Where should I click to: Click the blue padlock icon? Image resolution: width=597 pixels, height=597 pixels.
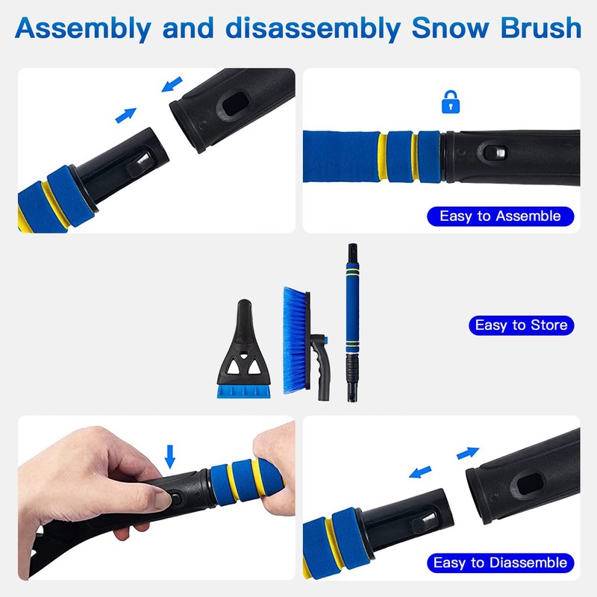(451, 102)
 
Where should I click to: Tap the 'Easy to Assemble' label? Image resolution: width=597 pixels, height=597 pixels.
(500, 216)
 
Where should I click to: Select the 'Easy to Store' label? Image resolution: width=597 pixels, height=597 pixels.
(521, 325)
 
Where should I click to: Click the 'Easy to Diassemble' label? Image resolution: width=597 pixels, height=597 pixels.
(500, 563)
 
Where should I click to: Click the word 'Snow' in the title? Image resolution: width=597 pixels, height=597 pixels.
(451, 28)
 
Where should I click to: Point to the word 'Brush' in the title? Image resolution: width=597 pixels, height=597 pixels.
(541, 28)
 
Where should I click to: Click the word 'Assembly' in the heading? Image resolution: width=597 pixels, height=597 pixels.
(83, 29)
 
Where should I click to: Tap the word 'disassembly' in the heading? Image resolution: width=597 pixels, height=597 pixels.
(312, 29)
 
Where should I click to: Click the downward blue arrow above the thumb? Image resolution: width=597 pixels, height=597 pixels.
(170, 456)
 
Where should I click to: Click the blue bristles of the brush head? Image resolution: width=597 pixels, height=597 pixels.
(295, 340)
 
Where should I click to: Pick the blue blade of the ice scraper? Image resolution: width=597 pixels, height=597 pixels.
(244, 391)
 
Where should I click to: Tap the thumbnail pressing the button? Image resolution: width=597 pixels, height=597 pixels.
(163, 500)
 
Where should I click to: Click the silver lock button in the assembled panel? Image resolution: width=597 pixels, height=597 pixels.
(500, 153)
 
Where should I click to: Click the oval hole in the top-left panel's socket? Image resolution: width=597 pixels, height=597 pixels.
(235, 104)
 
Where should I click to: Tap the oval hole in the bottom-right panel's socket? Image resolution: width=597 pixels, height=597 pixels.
(530, 484)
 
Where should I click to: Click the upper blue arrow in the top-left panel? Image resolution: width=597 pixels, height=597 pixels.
(172, 84)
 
